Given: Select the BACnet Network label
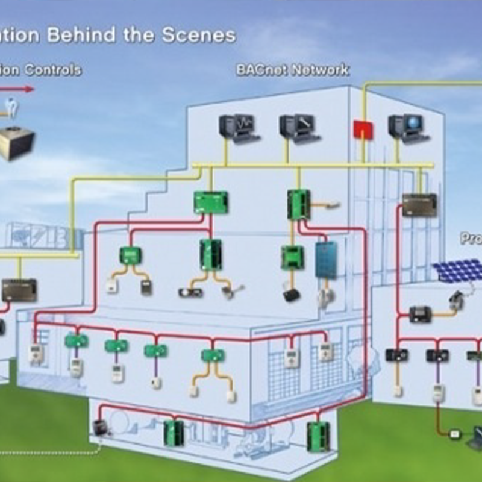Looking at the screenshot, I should point(292,70).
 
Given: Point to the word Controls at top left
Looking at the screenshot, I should point(52,70).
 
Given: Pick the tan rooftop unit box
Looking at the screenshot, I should point(16,143).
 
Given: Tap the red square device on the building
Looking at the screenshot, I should point(363,129).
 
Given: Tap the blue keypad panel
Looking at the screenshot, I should point(326,259).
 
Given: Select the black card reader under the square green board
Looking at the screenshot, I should point(292,295).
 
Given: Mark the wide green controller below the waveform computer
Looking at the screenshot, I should point(211,202).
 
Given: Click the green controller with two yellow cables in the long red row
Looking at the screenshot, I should point(212,355).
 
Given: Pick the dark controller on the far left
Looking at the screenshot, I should point(19,290).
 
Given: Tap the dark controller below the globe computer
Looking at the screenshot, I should point(419,205).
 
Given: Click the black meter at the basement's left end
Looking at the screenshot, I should point(99,427).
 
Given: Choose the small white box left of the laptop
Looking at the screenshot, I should point(455,433).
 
